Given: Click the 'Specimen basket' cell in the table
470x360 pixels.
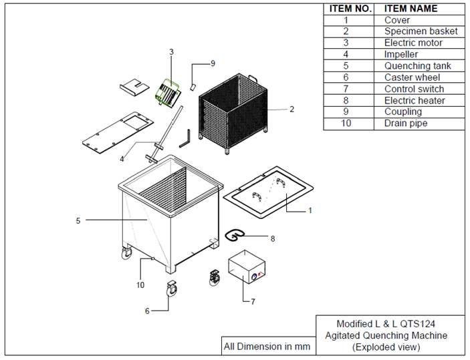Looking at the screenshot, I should pyautogui.click(x=421, y=31).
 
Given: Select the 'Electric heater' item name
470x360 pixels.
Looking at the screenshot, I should pyautogui.click(x=414, y=100).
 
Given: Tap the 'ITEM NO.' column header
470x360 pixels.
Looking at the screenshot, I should pyautogui.click(x=349, y=9).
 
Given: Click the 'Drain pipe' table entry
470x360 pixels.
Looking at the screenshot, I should pyautogui.click(x=405, y=124).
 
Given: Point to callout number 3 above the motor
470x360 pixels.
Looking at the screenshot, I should pyautogui.click(x=171, y=51).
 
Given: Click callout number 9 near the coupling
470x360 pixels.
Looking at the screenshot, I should pyautogui.click(x=213, y=63).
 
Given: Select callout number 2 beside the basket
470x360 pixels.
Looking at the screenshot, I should pyautogui.click(x=291, y=109).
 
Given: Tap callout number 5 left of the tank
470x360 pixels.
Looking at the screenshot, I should pyautogui.click(x=78, y=220).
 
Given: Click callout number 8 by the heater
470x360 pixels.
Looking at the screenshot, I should pyautogui.click(x=272, y=238).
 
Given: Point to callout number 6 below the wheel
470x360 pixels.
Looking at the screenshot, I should pyautogui.click(x=146, y=311).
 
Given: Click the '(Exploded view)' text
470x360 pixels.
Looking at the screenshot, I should pyautogui.click(x=386, y=347).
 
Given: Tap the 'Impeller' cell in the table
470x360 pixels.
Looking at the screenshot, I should pyautogui.click(x=401, y=54).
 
